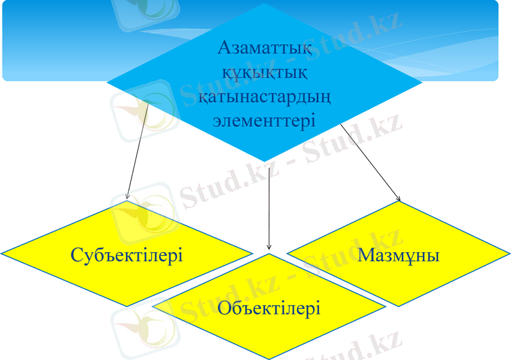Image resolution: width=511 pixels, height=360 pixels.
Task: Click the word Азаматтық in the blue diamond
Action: click(264, 47)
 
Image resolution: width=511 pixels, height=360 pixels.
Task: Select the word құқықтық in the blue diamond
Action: click(264, 71)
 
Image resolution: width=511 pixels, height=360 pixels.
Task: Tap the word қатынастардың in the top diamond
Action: click(264, 96)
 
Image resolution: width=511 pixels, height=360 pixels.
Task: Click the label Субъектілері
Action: click(127, 256)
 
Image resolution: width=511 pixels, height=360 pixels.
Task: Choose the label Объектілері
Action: click(269, 309)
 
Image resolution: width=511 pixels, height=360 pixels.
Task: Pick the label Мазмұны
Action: click(399, 255)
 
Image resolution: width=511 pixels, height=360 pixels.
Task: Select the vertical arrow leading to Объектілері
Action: click(269, 204)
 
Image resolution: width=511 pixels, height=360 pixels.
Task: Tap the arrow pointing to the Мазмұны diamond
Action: click(370, 162)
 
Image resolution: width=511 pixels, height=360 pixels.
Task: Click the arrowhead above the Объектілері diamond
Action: click(269, 246)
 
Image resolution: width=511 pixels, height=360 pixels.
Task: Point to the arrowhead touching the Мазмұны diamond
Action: click(397, 197)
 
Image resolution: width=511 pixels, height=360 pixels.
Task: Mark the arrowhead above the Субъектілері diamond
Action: click(128, 195)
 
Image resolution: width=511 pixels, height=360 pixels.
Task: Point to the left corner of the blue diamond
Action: click(107, 84)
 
